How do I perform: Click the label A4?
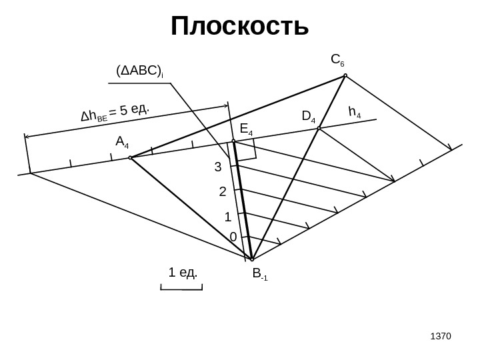pos(123,142)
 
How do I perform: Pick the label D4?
pos(309,117)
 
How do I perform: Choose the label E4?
pos(246,129)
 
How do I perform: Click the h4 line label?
pos(355,113)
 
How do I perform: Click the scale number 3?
pos(217,167)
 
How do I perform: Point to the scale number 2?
pos(223,192)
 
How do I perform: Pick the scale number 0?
pos(233,237)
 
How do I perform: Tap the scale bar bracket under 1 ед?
pos(181,288)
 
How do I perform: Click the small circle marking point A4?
pos(131,158)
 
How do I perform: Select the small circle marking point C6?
pos(345,76)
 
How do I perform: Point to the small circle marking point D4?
pos(319,128)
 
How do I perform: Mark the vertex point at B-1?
pos(252,259)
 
